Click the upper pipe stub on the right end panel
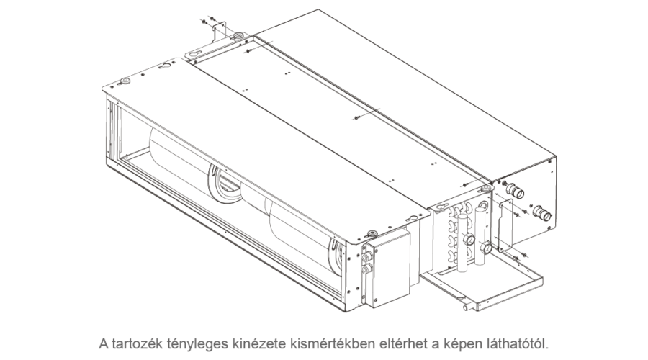[516, 191]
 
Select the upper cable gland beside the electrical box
[366, 257]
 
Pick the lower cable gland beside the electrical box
[366, 269]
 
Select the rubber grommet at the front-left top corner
[125, 80]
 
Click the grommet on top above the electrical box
[372, 233]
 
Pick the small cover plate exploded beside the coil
[505, 225]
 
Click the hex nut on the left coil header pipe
[469, 240]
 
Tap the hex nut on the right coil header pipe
[486, 248]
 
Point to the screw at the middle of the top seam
[357, 119]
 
